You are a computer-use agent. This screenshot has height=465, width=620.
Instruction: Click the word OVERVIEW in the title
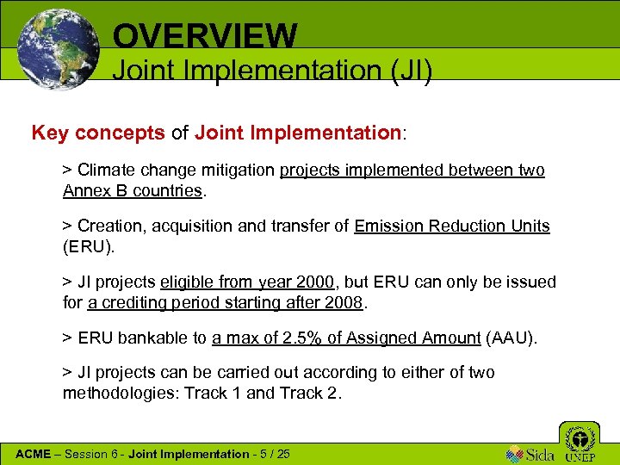coord(205,35)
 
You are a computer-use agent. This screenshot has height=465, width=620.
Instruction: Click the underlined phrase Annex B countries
coord(133,190)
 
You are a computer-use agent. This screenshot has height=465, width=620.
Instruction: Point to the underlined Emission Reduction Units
coord(452,226)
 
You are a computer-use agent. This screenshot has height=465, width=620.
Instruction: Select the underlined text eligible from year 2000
coord(247,282)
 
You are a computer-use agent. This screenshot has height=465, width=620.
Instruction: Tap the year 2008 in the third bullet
coord(346,303)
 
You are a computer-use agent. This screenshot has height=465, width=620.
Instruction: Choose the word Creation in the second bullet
coord(108,226)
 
